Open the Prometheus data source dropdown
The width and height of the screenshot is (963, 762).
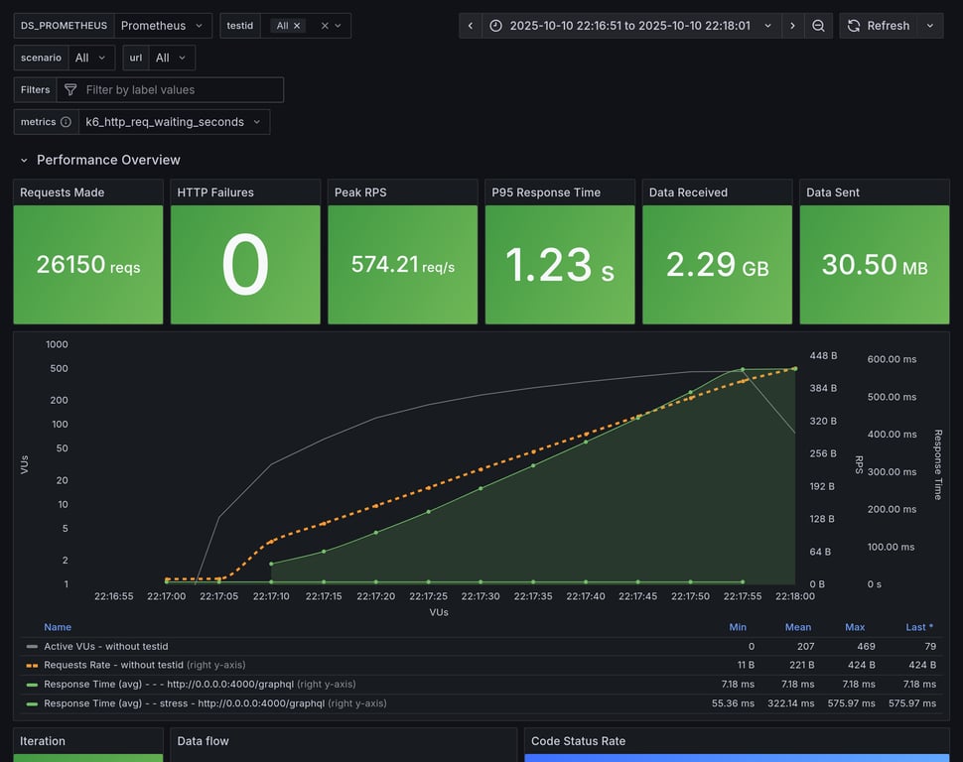pos(162,26)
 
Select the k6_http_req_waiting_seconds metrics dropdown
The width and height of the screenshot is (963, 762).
pos(174,122)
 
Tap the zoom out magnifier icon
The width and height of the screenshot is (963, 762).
pos(818,26)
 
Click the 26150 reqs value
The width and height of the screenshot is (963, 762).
pos(87,265)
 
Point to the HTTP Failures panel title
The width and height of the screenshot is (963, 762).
pos(215,192)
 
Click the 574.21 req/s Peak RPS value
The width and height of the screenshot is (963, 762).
pos(402,265)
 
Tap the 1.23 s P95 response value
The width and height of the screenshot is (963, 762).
pos(559,265)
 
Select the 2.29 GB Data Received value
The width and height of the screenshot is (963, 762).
pos(717,265)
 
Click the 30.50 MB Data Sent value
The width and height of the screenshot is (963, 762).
pos(874,265)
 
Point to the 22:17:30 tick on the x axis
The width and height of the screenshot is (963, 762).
pos(481,596)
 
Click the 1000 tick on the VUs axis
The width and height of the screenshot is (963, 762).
pos(57,344)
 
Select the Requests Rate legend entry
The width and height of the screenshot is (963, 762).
pos(113,665)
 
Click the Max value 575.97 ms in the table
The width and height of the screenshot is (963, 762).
pos(855,703)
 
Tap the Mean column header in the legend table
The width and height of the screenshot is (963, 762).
pos(797,627)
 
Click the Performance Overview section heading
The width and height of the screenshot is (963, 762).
pos(108,160)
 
